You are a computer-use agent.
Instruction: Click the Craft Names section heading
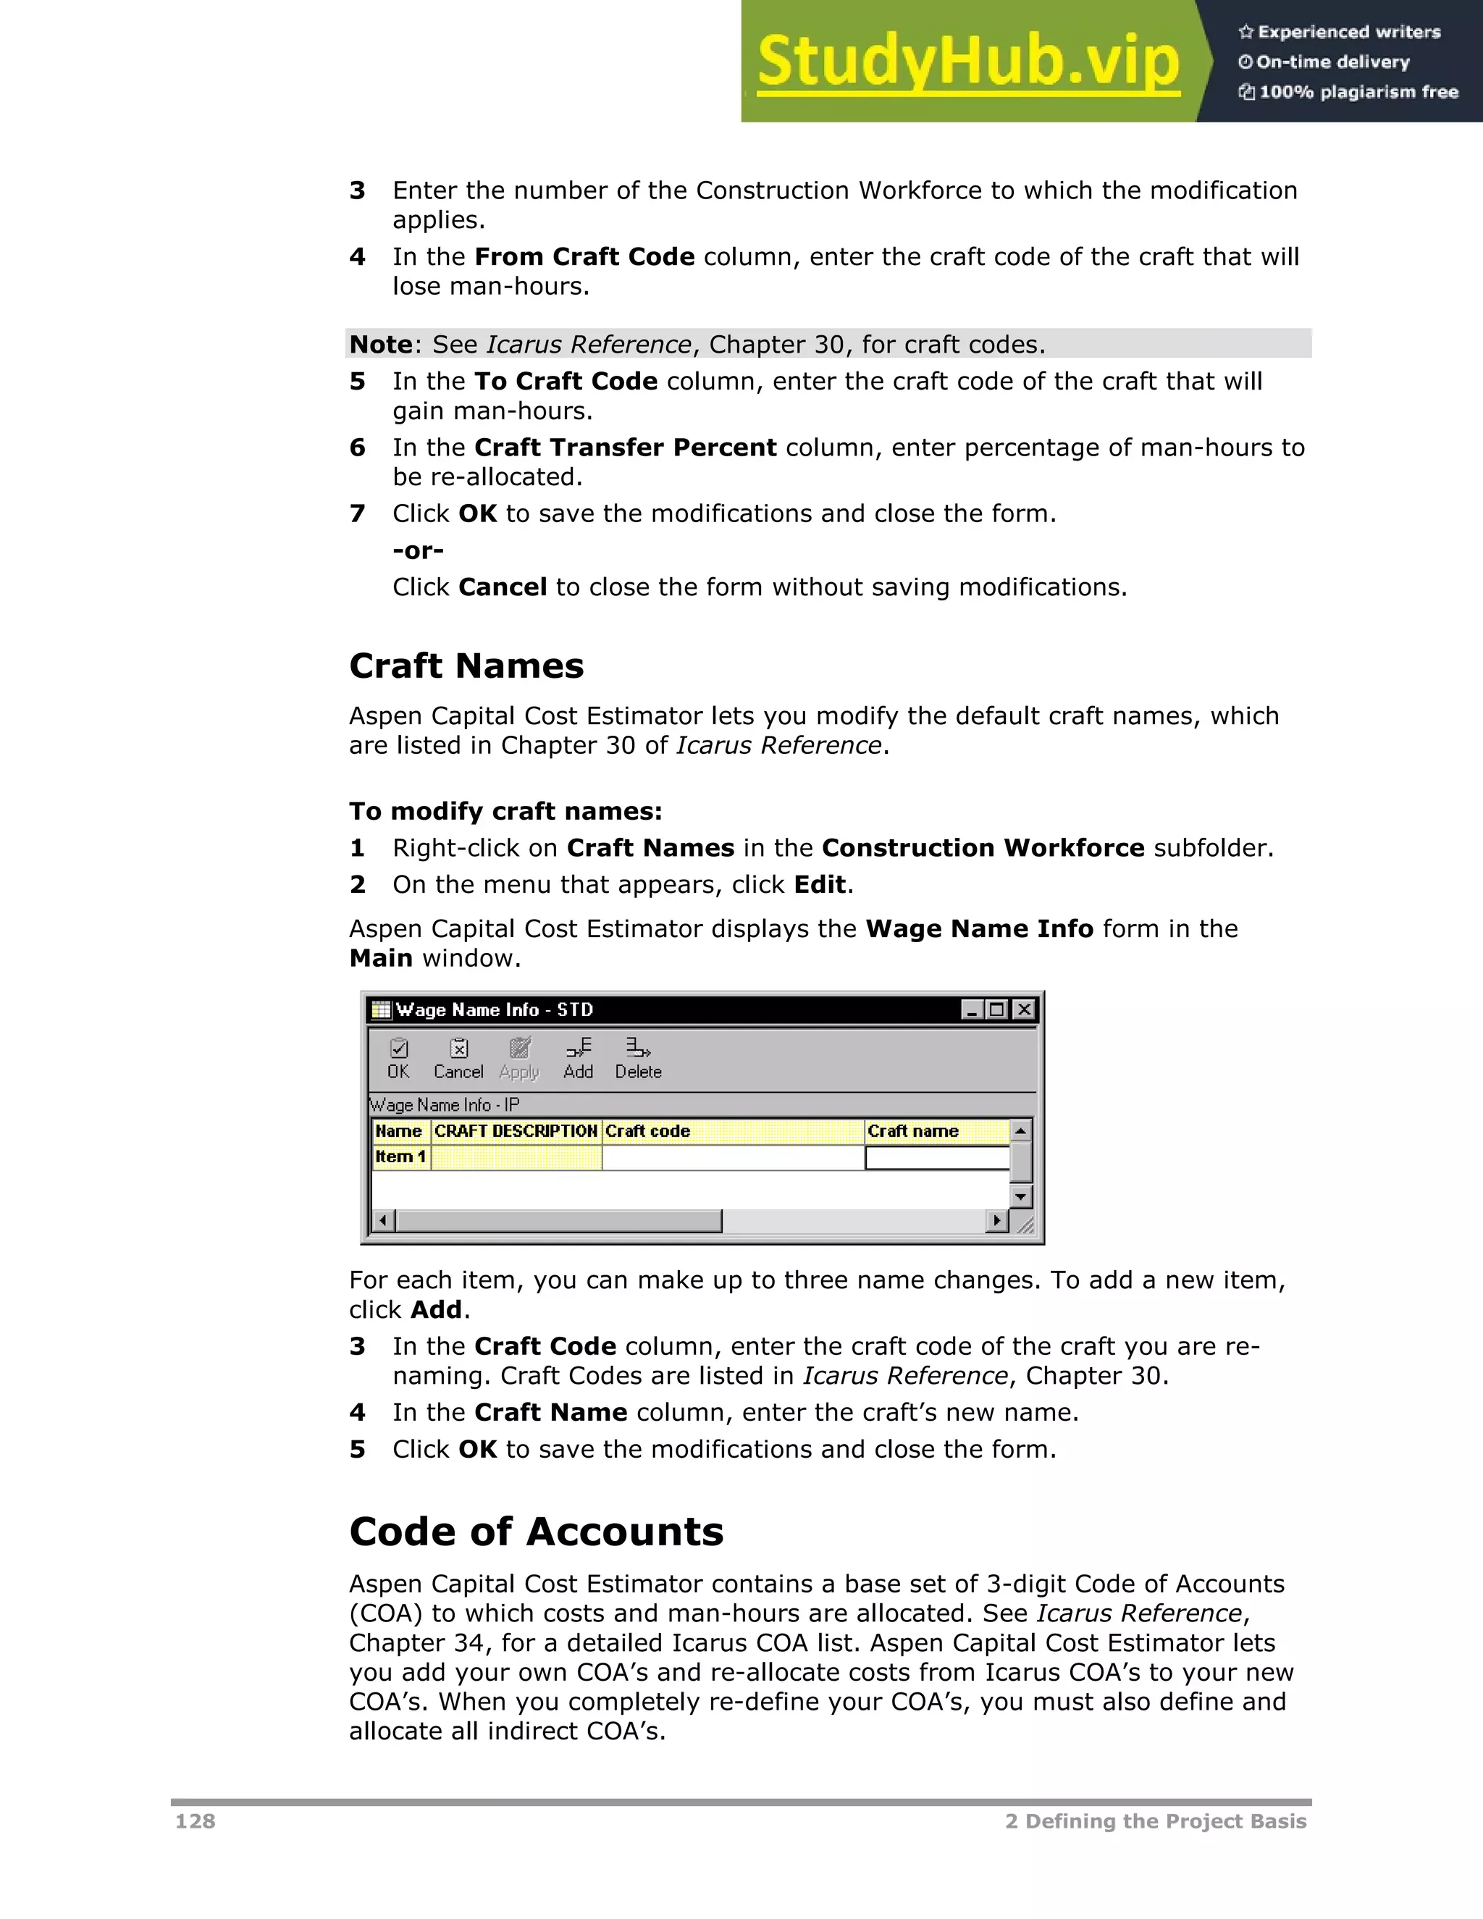coord(466,666)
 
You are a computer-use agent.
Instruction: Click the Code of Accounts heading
coord(536,1532)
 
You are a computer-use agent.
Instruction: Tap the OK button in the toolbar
coord(399,1058)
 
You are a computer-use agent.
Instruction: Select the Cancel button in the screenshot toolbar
coord(458,1058)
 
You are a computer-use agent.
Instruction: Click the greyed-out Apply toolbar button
coord(519,1058)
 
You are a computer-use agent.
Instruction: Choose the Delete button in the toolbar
coord(638,1058)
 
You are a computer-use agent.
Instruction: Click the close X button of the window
coord(1023,1009)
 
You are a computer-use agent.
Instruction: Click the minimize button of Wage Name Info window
coord(971,1009)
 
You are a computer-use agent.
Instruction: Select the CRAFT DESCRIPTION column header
coord(516,1131)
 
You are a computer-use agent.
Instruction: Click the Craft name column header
coord(913,1131)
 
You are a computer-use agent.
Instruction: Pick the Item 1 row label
coord(400,1156)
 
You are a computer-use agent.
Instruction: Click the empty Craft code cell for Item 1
coord(733,1157)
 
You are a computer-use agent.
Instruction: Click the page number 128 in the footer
coord(195,1821)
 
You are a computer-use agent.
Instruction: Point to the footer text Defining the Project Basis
coord(1165,1821)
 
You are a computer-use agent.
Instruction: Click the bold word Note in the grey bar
coord(380,345)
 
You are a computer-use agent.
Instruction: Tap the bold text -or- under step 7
coord(419,550)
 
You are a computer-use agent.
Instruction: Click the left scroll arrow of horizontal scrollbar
coord(382,1220)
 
